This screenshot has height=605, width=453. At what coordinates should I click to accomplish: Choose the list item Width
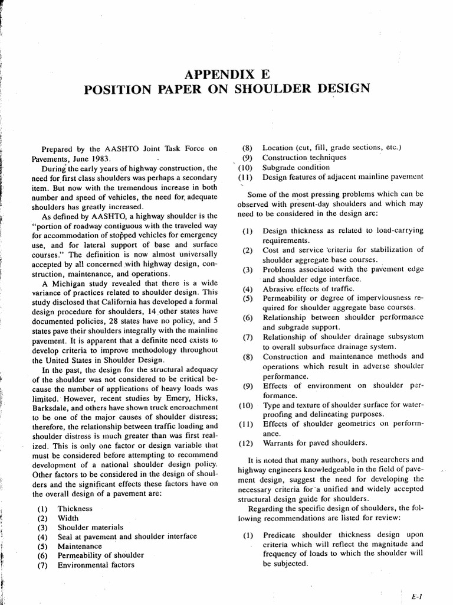pyautogui.click(x=68, y=518)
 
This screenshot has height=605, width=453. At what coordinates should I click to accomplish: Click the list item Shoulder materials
pyautogui.click(x=90, y=527)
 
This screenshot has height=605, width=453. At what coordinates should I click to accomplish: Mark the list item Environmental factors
pyautogui.click(x=96, y=565)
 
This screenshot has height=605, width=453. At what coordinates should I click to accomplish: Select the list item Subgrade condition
pyautogui.click(x=296, y=167)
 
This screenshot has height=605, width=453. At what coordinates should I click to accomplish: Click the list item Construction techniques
pyautogui.click(x=304, y=158)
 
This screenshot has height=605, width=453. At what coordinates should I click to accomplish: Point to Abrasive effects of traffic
pyautogui.click(x=308, y=289)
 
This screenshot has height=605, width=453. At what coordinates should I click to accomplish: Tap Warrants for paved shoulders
pyautogui.click(x=314, y=443)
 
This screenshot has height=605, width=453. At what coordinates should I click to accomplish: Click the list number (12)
pyautogui.click(x=246, y=443)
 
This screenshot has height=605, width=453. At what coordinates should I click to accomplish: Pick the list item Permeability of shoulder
pyautogui.click(x=100, y=555)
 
